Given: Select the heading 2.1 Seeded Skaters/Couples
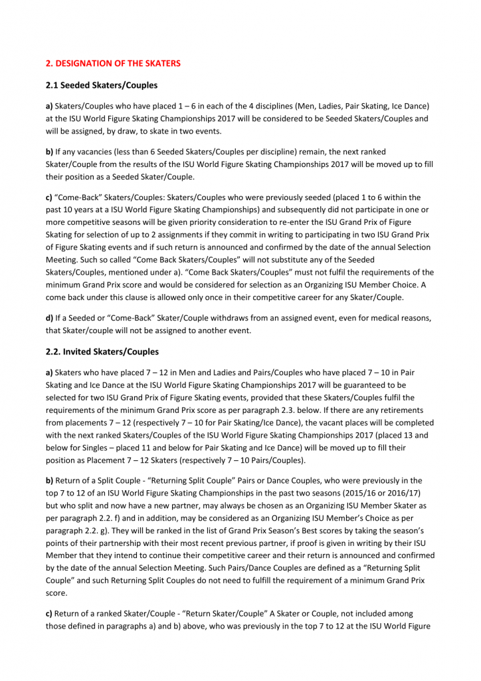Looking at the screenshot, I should click(102, 85).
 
